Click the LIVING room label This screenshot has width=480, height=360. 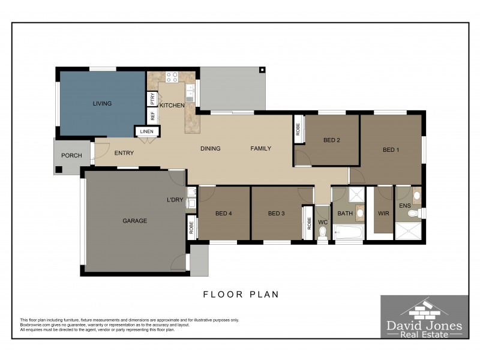(x=102, y=103)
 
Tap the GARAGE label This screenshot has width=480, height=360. (x=135, y=221)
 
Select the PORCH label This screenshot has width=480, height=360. (x=71, y=155)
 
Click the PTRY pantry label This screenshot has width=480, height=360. (x=152, y=98)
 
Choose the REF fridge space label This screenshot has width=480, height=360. (x=152, y=115)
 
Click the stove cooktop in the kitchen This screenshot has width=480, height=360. (x=172, y=77)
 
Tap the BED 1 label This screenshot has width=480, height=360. (x=391, y=150)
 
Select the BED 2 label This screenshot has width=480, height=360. (x=332, y=140)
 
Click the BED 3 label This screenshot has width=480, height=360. (x=276, y=214)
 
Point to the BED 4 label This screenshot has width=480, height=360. (x=224, y=214)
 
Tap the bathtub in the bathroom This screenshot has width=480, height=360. (x=348, y=232)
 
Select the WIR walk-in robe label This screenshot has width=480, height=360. (x=383, y=214)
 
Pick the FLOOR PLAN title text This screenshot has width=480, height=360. (x=241, y=295)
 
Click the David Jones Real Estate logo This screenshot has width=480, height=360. (x=424, y=317)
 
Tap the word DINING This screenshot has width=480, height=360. (x=210, y=149)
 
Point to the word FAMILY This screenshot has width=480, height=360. (x=260, y=149)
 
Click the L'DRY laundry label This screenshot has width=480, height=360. (x=175, y=199)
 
